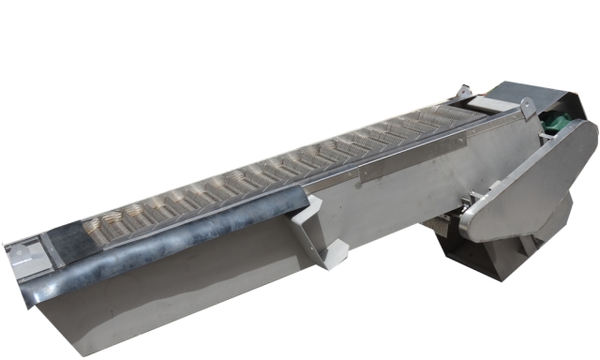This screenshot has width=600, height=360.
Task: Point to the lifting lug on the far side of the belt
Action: (x=461, y=93)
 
